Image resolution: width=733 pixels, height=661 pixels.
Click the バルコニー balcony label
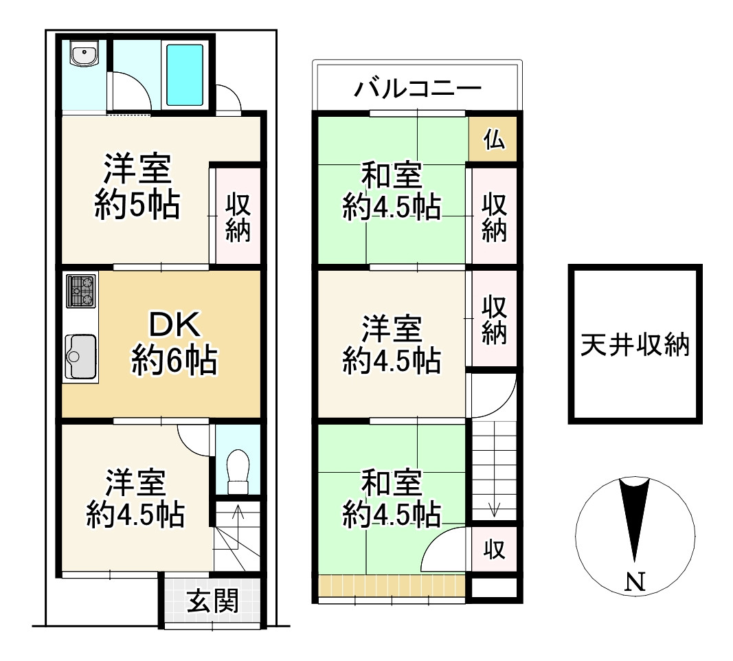click(417, 89)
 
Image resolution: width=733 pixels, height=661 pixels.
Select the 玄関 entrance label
click(213, 602)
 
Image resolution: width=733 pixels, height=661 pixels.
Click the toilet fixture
click(237, 472)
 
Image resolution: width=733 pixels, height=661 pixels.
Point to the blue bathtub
click(185, 74)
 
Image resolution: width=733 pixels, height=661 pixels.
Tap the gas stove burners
click(81, 291)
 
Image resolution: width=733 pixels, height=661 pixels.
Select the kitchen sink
click(82, 356)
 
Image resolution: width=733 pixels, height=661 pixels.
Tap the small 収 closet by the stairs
click(494, 549)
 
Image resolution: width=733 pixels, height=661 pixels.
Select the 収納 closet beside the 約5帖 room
click(238, 217)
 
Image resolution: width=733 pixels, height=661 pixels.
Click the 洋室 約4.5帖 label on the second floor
click(392, 344)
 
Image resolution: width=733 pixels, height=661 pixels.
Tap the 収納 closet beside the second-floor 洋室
click(494, 319)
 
